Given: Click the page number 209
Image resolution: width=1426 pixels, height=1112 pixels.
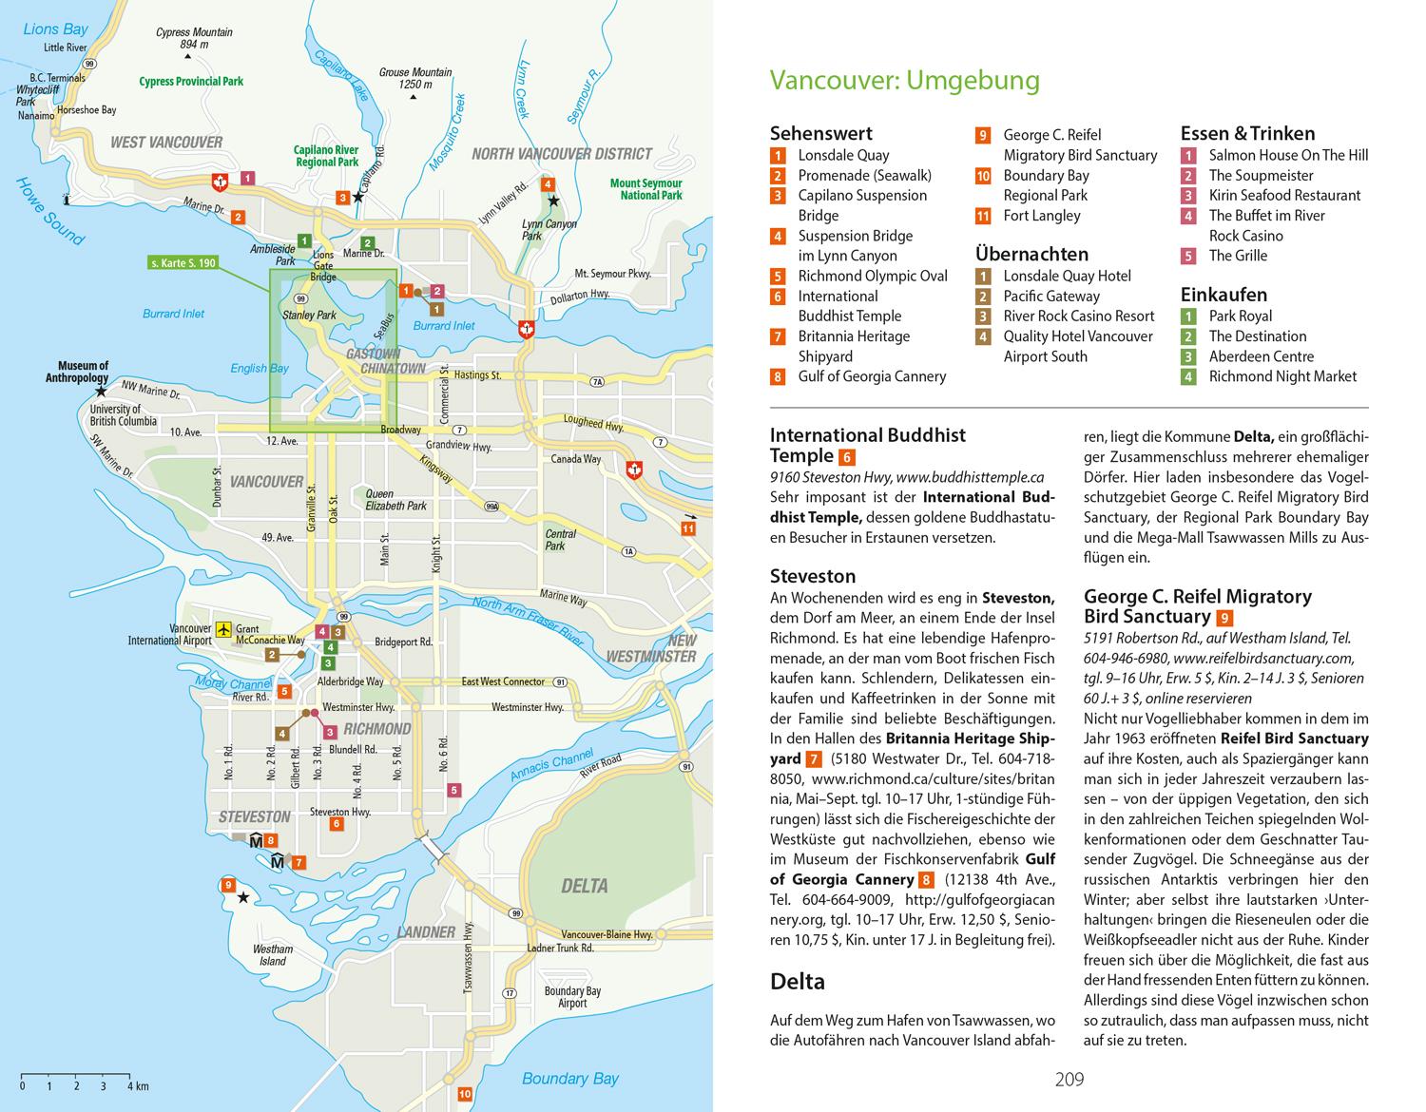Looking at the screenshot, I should [1069, 1079].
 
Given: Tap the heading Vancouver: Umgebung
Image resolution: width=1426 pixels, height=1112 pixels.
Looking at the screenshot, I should [904, 81].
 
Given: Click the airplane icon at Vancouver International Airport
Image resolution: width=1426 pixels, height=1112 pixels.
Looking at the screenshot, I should [223, 628].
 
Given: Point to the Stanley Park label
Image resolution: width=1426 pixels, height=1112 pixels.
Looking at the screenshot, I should [309, 315].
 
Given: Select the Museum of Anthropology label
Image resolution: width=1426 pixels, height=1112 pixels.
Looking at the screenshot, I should [84, 372].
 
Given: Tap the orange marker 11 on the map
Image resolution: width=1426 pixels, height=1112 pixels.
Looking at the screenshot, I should [688, 527].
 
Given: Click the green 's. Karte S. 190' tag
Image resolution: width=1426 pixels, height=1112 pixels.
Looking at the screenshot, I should [183, 262].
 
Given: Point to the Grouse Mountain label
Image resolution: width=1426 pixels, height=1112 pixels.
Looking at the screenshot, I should [415, 78].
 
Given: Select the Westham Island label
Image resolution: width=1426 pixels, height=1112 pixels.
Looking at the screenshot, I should [273, 954].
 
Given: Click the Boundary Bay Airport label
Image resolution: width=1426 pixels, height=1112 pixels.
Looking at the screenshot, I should [571, 997].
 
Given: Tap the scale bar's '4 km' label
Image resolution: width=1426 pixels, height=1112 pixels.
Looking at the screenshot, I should [139, 1085].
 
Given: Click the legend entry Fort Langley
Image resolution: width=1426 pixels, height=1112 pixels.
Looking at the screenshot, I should [1042, 216].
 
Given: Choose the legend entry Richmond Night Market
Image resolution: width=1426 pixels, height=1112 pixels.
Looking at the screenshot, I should [1282, 376].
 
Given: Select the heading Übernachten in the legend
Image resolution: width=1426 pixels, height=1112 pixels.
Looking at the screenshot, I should [1031, 254].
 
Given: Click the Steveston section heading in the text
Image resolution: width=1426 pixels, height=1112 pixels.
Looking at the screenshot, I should [813, 576].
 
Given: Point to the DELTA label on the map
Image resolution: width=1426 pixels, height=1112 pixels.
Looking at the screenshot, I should [584, 886].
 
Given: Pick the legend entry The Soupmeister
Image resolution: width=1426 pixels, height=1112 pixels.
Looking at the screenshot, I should [1261, 175].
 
